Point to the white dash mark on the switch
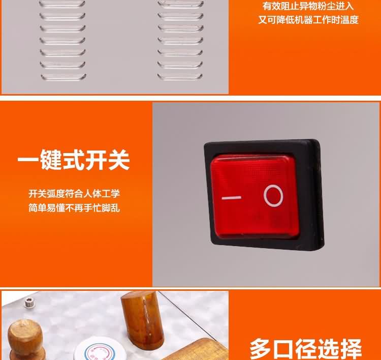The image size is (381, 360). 231,198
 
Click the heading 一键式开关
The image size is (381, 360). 74,160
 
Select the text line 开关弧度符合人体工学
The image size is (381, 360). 74,194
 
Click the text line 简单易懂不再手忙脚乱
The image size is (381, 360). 74,208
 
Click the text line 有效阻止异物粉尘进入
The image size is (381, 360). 308,6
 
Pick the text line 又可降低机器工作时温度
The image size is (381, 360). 308,20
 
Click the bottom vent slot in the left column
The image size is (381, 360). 63,77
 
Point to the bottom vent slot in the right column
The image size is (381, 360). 180,76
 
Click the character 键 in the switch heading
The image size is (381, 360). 50,160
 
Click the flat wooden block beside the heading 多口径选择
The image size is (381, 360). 197,349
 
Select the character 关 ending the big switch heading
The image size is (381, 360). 119,160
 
